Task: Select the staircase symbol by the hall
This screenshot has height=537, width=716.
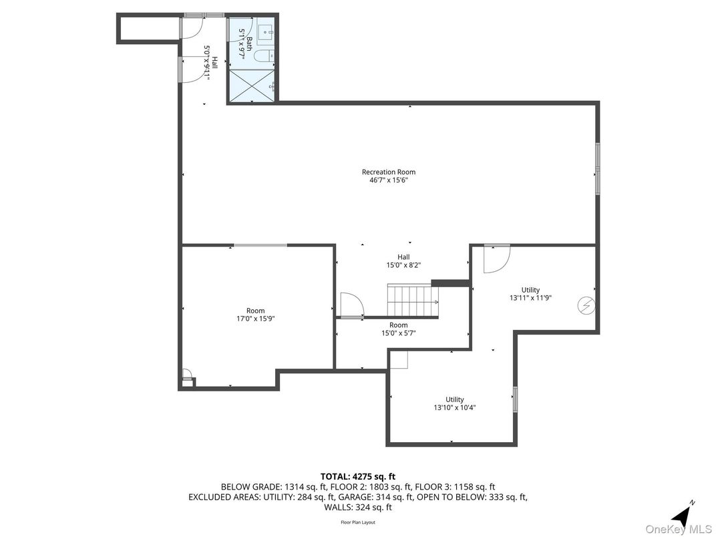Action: click(412, 301)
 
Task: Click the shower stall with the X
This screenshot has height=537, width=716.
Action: click(251, 85)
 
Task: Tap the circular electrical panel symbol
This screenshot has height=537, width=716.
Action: click(586, 305)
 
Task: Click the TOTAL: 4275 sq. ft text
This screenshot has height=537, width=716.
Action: click(357, 476)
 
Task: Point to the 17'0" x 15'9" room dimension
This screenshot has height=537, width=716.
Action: click(255, 319)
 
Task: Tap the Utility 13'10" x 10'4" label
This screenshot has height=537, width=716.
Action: click(454, 403)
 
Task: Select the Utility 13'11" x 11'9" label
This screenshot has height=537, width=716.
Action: click(530, 295)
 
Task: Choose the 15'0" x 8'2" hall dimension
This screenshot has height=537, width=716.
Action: click(403, 265)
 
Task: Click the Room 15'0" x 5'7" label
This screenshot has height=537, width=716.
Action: click(398, 329)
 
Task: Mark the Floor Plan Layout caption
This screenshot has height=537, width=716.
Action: click(357, 522)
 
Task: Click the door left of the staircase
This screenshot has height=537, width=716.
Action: click(351, 305)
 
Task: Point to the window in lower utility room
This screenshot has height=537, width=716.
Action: click(514, 399)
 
